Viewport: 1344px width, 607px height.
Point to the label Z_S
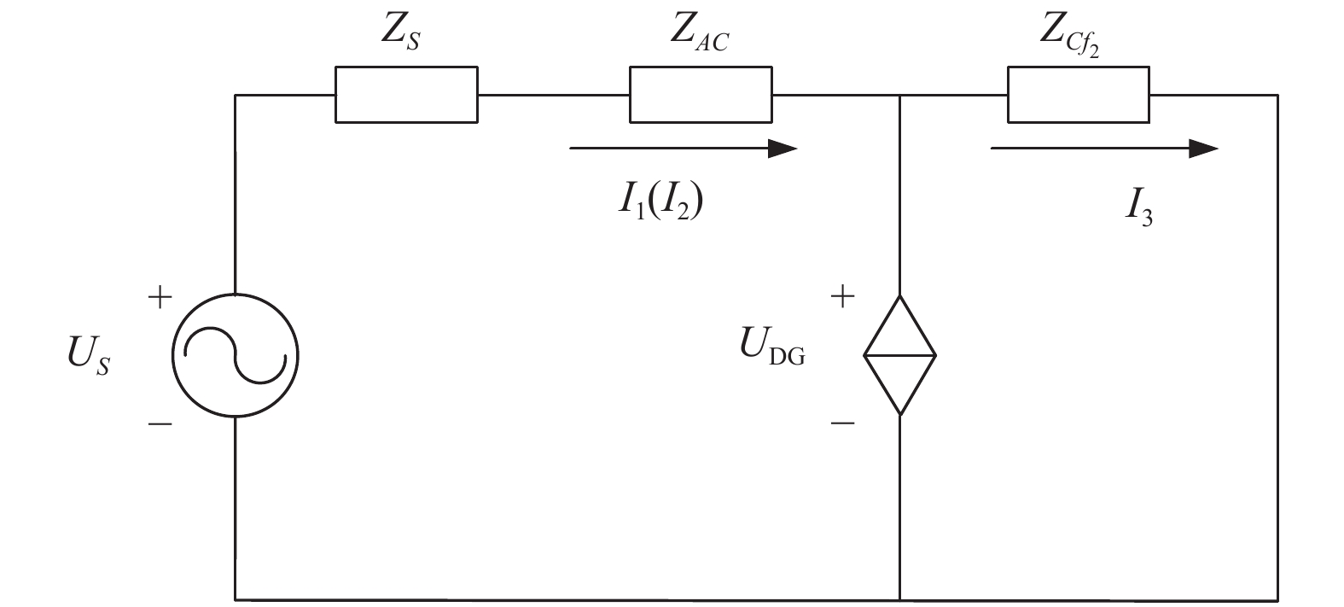(401, 32)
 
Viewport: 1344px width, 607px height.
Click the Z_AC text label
(700, 32)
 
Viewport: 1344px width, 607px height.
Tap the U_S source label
(89, 355)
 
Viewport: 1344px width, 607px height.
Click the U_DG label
(772, 347)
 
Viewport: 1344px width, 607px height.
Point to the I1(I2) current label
(660, 201)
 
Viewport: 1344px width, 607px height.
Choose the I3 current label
(1138, 207)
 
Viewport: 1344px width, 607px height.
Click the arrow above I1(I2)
(684, 148)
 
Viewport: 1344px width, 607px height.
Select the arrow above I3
(1104, 148)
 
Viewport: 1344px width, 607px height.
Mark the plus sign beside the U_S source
(160, 297)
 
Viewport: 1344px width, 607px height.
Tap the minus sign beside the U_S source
(160, 424)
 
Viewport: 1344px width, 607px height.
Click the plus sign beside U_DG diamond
(842, 296)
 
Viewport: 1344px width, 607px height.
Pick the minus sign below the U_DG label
(842, 423)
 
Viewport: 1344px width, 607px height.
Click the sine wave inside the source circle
(236, 355)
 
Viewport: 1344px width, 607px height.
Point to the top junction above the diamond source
(899, 95)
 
